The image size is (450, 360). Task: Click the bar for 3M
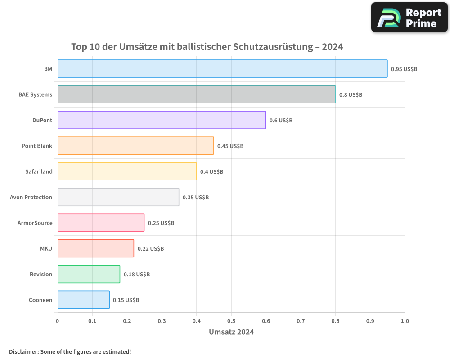coord(222,68)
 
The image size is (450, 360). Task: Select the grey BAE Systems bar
coord(196,94)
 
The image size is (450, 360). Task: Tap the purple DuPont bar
coord(162,120)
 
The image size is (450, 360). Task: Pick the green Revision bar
coord(89,274)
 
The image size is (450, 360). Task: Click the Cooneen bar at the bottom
coord(84,300)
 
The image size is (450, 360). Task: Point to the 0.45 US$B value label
coord(230,146)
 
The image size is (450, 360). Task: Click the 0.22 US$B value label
coord(151,248)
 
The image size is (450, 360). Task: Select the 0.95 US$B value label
coord(404,69)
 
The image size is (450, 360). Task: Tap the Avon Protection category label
coord(31,197)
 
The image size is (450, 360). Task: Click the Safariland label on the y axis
coord(39,171)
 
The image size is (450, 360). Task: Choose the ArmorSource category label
coord(35,223)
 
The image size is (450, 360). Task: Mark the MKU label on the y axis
coord(46,248)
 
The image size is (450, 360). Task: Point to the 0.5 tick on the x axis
coord(231,321)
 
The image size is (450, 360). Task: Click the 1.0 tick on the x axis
coord(405,321)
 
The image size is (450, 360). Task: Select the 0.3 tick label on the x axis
coord(162,321)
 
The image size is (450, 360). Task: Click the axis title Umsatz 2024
coord(231,332)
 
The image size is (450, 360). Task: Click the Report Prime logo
coord(409,17)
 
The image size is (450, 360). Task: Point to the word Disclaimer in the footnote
coord(23,351)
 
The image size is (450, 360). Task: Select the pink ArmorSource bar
coord(101,223)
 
